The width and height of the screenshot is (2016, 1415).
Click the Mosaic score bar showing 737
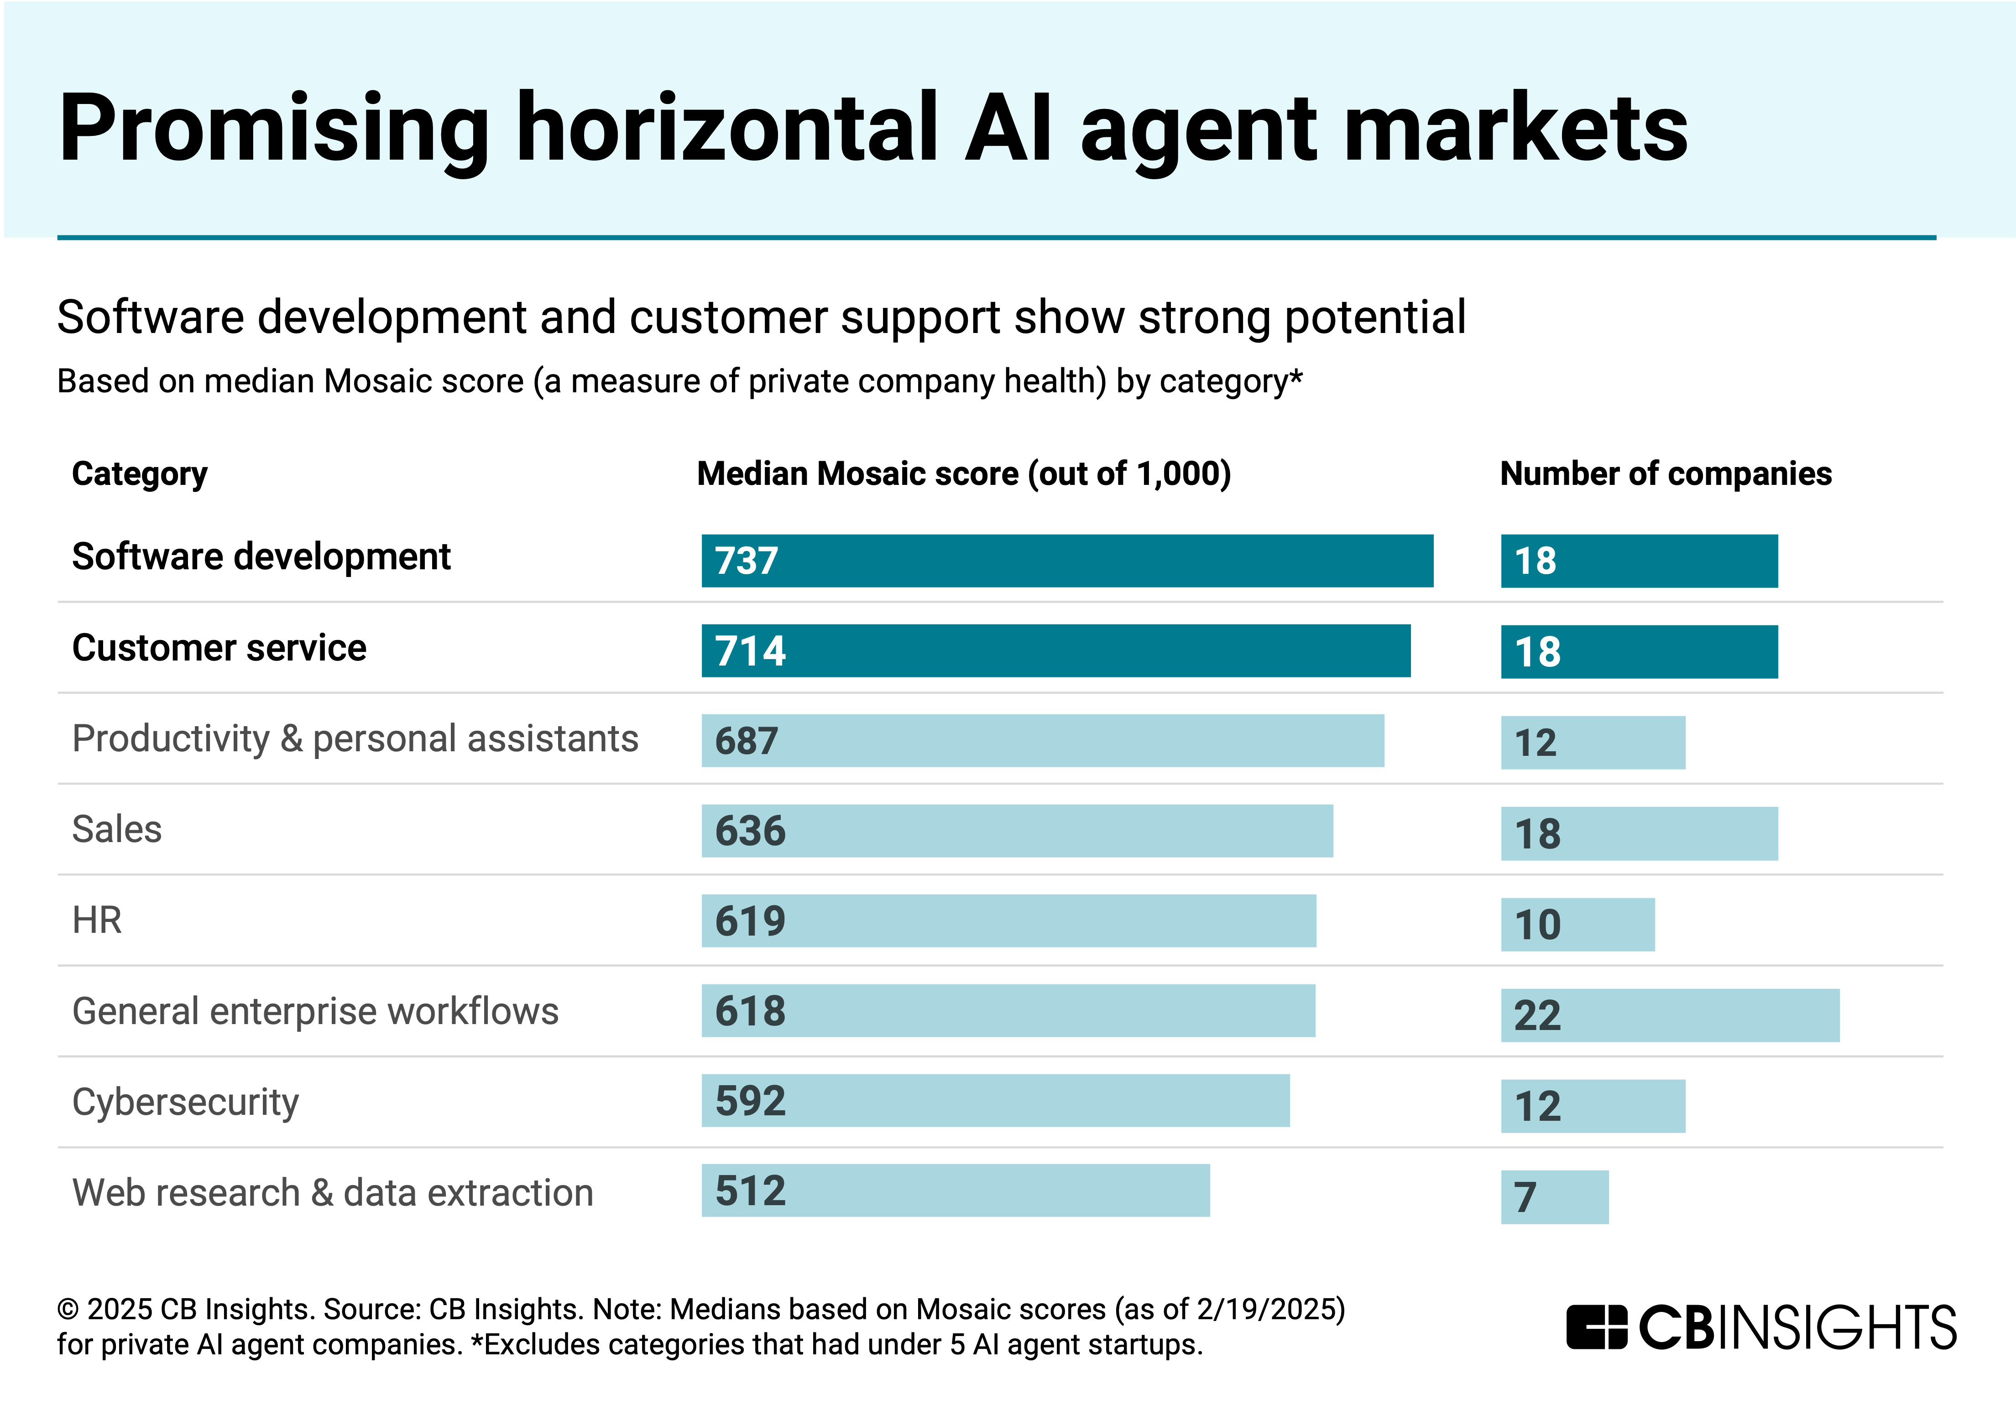tap(1067, 561)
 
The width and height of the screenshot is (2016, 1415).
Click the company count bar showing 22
tap(1670, 1015)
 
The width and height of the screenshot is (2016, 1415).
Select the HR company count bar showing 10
tap(1578, 924)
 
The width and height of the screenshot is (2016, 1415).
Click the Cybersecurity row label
tap(185, 1103)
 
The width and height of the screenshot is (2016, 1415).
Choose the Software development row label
tap(261, 557)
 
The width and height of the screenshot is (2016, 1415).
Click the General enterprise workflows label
tap(315, 1011)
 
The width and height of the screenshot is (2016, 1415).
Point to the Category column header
tap(140, 474)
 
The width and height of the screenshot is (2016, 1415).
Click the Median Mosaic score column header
tap(963, 474)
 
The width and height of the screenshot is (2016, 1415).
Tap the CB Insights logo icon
tap(1596, 1327)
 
